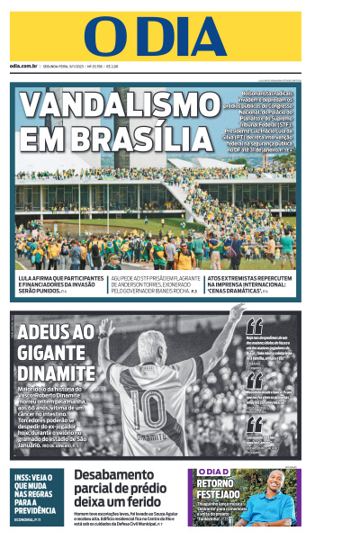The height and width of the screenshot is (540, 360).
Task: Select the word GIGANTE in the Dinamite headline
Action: point(53,351)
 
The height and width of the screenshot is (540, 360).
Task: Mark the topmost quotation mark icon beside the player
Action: point(255,326)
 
